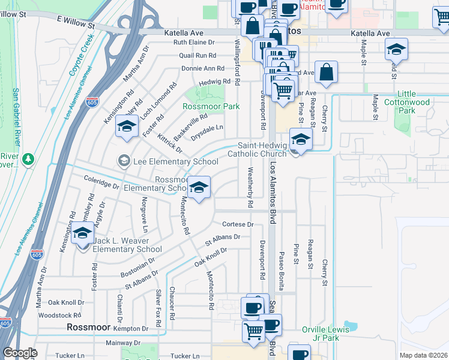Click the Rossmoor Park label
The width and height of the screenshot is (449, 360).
pos(211,106)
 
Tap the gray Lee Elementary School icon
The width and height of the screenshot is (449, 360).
pos(124,161)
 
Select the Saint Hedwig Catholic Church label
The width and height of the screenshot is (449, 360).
pos(262,149)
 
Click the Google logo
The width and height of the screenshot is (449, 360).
pos(20,353)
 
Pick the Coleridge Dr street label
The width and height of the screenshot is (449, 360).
pos(101,182)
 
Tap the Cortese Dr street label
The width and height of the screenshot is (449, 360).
pos(238,224)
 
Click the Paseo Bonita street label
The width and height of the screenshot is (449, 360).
pos(282,269)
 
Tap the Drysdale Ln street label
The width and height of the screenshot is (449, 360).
pos(207,128)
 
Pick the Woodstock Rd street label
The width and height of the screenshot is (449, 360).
pos(59,315)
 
